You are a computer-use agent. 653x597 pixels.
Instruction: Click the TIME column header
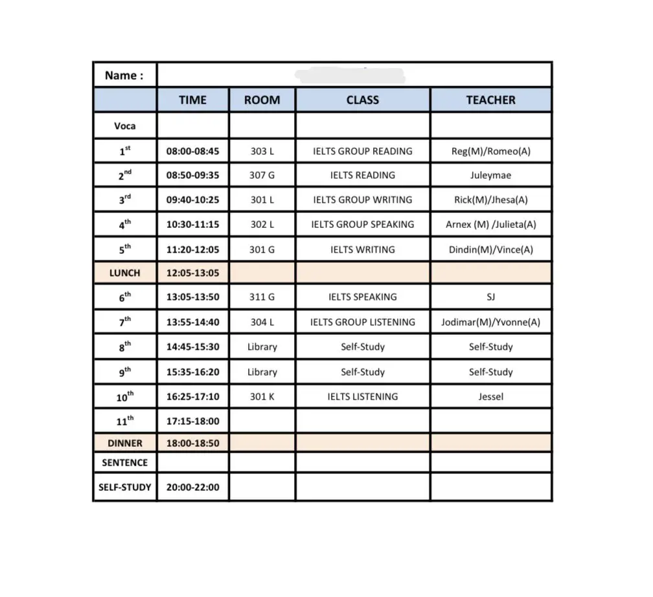coord(192,100)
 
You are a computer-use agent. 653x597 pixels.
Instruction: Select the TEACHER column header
coord(490,100)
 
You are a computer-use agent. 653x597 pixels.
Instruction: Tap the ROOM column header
coord(262,100)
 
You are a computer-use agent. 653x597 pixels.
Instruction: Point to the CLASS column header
coord(362,100)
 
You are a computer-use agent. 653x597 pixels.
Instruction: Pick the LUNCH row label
coord(124,273)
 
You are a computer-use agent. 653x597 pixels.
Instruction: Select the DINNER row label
coord(124,444)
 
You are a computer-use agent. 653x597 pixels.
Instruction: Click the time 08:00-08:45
coord(192,152)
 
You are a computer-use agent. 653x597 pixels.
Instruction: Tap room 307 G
coord(262,175)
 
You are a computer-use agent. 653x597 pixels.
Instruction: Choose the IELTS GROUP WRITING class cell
coord(362,200)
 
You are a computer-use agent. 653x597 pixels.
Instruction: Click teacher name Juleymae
coord(490,175)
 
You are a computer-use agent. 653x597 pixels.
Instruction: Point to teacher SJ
coord(490,297)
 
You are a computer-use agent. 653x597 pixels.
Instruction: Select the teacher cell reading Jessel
coord(490,396)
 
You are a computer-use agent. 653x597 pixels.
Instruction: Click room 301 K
coord(262,396)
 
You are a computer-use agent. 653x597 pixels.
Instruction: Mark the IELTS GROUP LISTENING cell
coord(362,322)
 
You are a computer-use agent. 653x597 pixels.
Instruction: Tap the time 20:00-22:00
coord(192,487)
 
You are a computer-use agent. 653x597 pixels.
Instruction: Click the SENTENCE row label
coord(124,463)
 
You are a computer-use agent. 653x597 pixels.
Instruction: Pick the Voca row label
coord(124,126)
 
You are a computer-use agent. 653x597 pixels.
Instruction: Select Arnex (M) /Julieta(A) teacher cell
coord(490,225)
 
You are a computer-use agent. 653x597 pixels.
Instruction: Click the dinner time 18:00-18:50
coord(192,444)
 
